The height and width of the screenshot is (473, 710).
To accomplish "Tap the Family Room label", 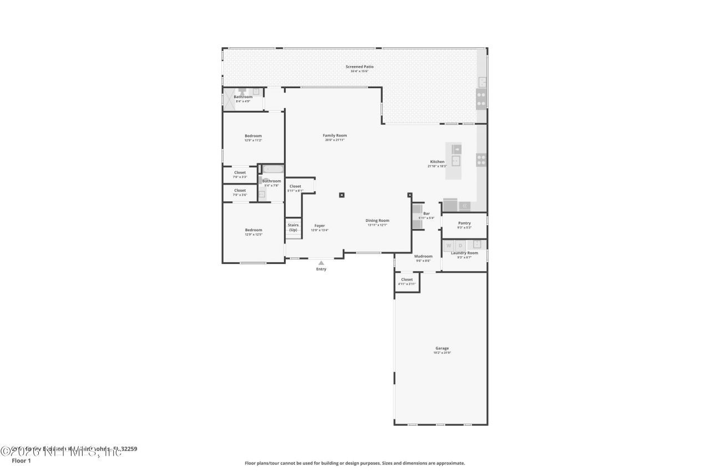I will point(335,135).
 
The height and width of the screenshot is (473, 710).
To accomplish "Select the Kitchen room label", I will point(437,162).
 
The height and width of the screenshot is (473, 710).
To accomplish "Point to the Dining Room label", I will point(377,221).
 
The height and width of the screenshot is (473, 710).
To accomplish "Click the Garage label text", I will point(442,348).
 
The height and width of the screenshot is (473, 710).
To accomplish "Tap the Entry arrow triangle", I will point(321,263).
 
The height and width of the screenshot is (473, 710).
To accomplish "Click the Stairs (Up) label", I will point(293,227).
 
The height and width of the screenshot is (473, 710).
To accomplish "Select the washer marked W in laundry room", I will point(449,245).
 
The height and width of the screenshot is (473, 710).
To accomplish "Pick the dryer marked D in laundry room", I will point(460,245).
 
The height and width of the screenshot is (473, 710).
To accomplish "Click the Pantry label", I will point(464,223).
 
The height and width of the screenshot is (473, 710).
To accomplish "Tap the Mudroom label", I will point(423,257).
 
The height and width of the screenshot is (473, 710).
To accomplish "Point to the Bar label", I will point(427,213).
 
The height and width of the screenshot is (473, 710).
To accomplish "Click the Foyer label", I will point(319,226).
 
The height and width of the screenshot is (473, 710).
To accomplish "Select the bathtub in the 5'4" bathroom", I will point(273,169).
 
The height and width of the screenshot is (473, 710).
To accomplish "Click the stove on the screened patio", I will point(481,99).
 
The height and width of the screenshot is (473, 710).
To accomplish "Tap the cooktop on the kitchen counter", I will point(481,160).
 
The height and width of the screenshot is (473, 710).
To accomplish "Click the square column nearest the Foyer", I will point(342,195).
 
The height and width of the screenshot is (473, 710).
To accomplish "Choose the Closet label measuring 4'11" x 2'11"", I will point(407,280).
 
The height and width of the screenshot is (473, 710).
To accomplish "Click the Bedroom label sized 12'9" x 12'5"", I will point(253,230).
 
